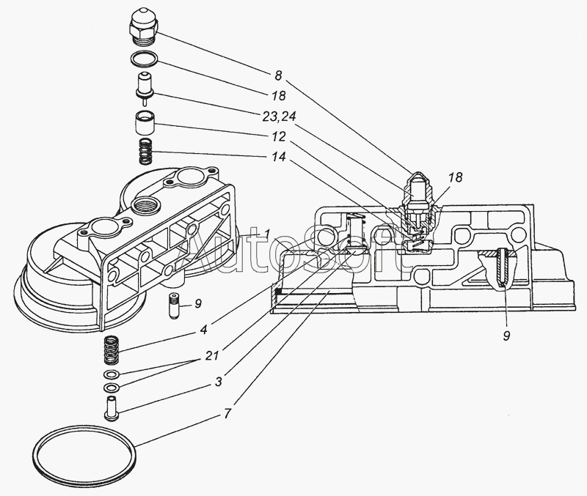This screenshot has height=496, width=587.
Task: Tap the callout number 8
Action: pos(278,75)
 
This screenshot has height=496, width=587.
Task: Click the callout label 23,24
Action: pos(279,116)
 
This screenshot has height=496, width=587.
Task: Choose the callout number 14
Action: pos(278,157)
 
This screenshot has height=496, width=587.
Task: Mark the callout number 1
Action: pos(267,234)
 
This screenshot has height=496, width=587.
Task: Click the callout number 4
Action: pos(203,330)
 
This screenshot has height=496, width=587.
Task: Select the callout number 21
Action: pos(211,356)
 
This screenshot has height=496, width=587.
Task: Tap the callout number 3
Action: pos(218,382)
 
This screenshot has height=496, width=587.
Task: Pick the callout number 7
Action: pos(228,413)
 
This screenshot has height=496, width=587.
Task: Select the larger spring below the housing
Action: pos(112,351)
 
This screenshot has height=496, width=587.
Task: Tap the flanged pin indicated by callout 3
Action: pos(111,409)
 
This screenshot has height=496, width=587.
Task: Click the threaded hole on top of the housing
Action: pos(146,205)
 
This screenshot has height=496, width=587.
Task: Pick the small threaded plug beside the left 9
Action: pos(173,306)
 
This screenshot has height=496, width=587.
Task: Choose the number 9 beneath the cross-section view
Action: pos(506,336)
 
